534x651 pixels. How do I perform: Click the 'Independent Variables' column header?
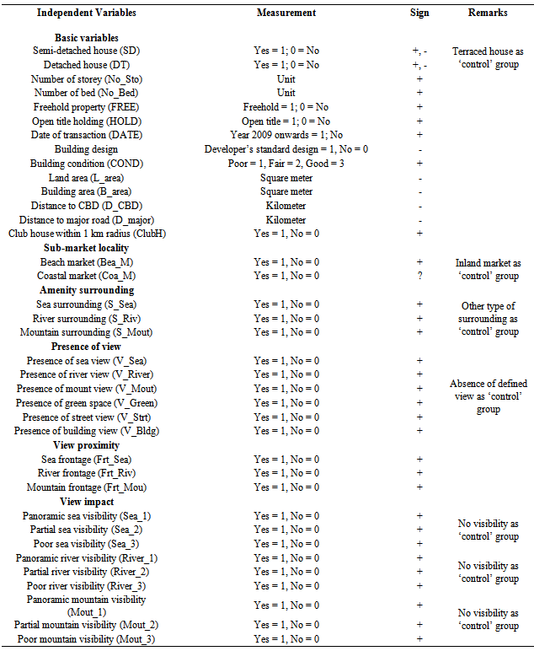tap(86, 13)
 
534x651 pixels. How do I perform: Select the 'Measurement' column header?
tap(286, 13)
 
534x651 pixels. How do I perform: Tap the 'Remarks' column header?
tap(489, 13)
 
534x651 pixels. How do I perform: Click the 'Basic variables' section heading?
tap(86, 38)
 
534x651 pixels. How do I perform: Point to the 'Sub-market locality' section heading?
tap(86, 249)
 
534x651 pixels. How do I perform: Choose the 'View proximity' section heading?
tap(86, 445)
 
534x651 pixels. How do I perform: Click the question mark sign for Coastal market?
tap(419, 277)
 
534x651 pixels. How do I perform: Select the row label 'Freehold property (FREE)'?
tap(86, 107)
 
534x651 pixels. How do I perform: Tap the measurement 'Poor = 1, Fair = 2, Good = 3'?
tap(286, 164)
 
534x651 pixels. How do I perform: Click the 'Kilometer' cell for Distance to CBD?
tap(286, 206)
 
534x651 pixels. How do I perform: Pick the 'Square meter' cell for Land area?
tap(286, 178)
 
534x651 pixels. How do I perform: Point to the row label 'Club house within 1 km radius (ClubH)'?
tap(86, 234)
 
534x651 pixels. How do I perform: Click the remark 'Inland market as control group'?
tap(489, 269)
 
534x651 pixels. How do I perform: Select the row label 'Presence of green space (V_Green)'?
tap(86, 403)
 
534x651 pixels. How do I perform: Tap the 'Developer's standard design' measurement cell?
tap(286, 149)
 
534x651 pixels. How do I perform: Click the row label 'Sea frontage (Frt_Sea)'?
tap(86, 460)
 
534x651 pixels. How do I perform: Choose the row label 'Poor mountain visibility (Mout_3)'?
tap(86, 639)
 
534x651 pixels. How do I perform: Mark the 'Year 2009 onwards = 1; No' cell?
tap(286, 135)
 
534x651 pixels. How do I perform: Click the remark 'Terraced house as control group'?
tap(489, 57)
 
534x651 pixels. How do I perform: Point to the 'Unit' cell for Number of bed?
tap(286, 93)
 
